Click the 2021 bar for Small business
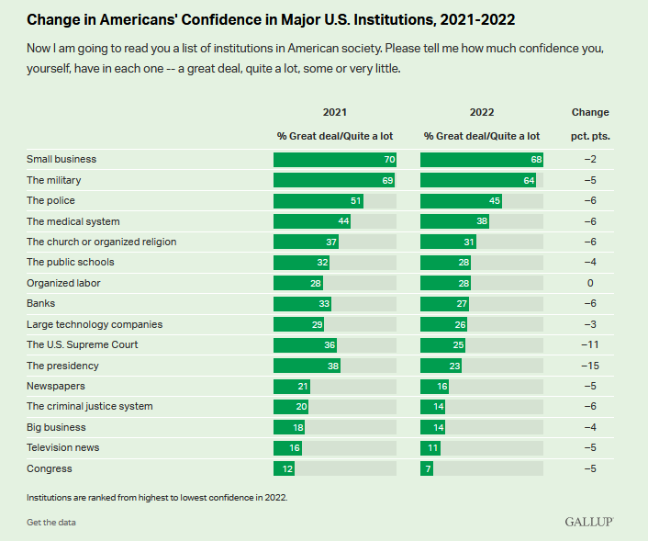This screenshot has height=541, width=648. [x=335, y=159]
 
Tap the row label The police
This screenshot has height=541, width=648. [x=50, y=200]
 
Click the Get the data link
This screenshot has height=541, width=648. [x=51, y=522]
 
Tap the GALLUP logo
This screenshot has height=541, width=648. [x=588, y=522]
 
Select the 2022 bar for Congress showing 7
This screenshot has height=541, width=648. [x=427, y=468]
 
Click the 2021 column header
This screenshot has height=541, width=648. [x=334, y=112]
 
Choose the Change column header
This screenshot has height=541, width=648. [x=589, y=112]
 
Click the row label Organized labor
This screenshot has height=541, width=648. [x=63, y=283]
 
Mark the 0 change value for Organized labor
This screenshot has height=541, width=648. [x=589, y=283]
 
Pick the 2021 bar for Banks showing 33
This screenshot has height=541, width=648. [x=302, y=304]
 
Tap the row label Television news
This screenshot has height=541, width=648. [x=62, y=447]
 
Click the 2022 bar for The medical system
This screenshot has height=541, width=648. [x=454, y=221]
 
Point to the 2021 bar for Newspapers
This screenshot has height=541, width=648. [x=292, y=386]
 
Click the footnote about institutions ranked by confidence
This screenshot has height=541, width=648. [x=157, y=497]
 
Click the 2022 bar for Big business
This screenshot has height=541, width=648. [x=433, y=427]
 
